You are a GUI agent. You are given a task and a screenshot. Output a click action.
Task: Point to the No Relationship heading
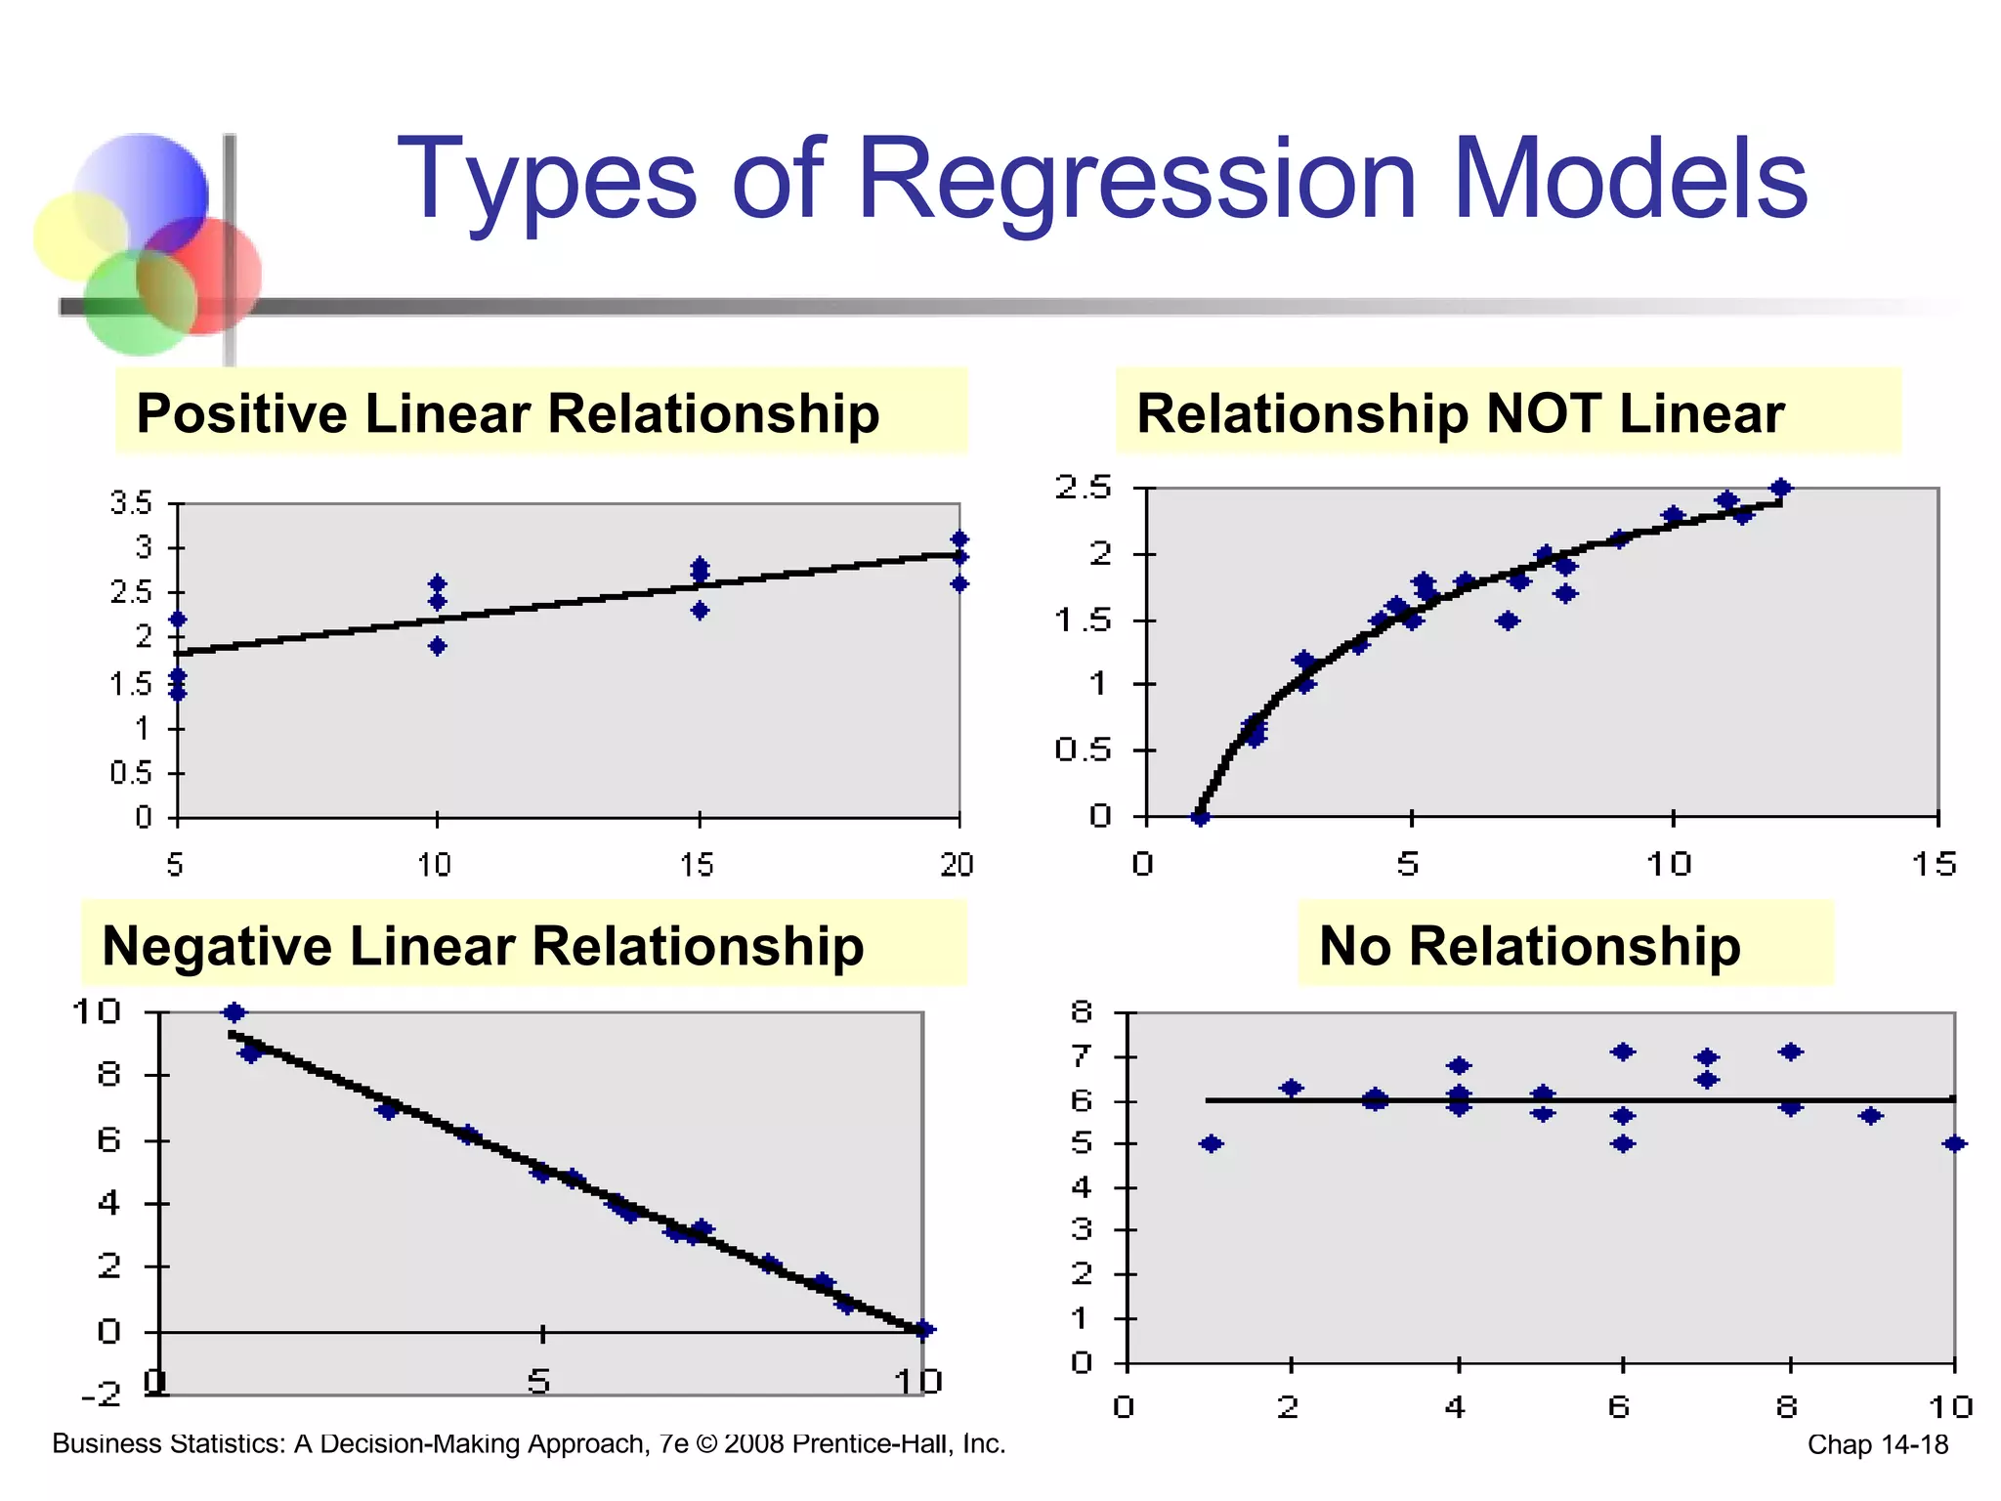pyautogui.click(x=1529, y=946)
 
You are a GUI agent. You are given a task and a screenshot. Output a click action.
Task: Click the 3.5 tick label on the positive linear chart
pyautogui.click(x=131, y=504)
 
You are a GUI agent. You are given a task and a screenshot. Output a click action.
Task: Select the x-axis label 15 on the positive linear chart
pyautogui.click(x=697, y=865)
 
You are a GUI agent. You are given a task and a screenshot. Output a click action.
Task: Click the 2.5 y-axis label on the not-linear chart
pyautogui.click(x=1083, y=487)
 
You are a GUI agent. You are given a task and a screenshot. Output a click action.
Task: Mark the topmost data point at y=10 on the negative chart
pyautogui.click(x=234, y=1012)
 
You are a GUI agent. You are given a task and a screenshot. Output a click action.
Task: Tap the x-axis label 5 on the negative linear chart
pyautogui.click(x=538, y=1381)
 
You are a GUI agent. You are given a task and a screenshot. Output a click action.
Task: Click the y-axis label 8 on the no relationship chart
pyautogui.click(x=1082, y=1011)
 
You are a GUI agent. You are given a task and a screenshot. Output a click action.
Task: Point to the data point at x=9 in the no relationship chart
pyautogui.click(x=1870, y=1116)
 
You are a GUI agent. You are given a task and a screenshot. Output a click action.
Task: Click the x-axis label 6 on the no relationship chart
pyautogui.click(x=1619, y=1407)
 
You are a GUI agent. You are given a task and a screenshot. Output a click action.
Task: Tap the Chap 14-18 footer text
pyautogui.click(x=1877, y=1444)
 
